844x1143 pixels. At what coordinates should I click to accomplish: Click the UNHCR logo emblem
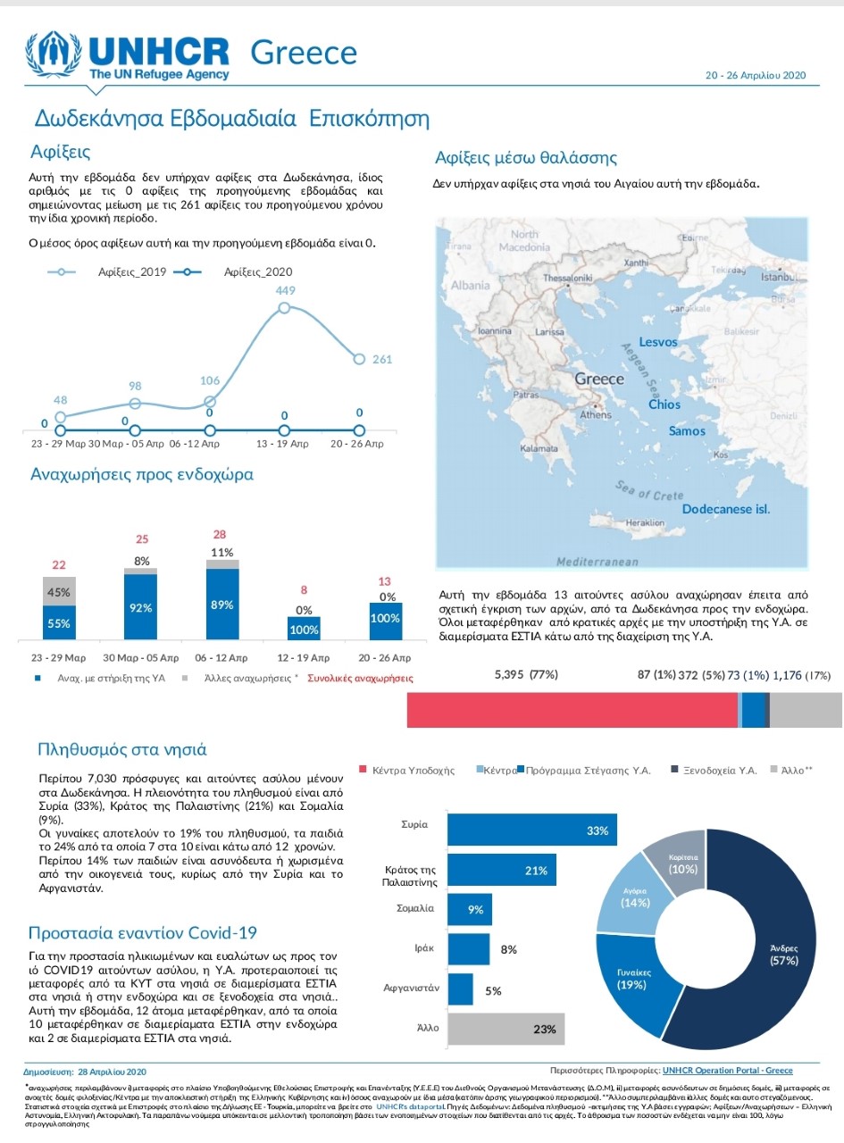click(x=56, y=56)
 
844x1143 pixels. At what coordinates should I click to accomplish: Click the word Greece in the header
click(x=305, y=53)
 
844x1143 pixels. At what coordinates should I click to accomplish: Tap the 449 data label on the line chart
click(x=284, y=290)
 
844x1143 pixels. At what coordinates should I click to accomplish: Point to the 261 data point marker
click(x=359, y=359)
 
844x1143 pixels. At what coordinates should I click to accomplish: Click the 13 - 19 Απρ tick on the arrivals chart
click(x=284, y=443)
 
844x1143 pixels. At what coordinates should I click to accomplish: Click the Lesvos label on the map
click(x=659, y=342)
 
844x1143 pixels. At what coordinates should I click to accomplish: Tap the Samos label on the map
click(x=687, y=431)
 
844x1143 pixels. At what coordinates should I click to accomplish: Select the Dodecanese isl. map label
click(x=725, y=509)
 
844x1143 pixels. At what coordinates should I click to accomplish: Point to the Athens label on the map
click(x=596, y=415)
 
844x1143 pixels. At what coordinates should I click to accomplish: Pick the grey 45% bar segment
click(x=59, y=591)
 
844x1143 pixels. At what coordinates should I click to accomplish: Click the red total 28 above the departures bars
click(x=220, y=534)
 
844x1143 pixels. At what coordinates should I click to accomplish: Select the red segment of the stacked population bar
click(x=572, y=709)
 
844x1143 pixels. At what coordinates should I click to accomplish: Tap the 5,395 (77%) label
click(x=526, y=675)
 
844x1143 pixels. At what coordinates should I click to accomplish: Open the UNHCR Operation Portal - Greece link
click(x=729, y=1071)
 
